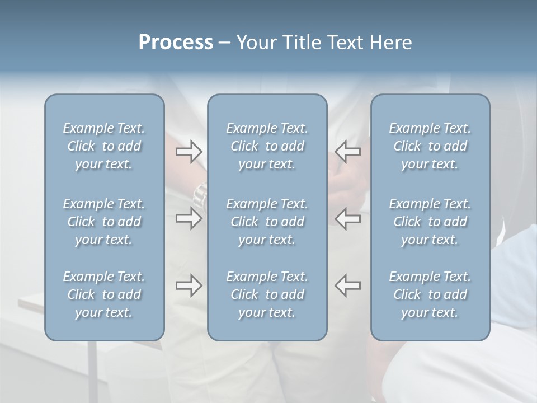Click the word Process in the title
tap(176, 43)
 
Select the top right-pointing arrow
tap(189, 152)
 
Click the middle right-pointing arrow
tap(189, 218)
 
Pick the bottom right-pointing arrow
tap(189, 285)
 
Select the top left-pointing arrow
tap(347, 152)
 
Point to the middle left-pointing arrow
tap(347, 218)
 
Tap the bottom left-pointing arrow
tap(347, 285)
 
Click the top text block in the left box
tap(104, 146)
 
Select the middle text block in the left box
tap(104, 222)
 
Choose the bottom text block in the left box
tap(104, 294)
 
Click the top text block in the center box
tap(267, 146)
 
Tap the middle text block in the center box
tap(267, 222)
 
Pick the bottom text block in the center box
tap(267, 294)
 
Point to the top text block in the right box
tap(430, 146)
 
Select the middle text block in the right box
tap(430, 222)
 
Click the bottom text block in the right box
tap(430, 294)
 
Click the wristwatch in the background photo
tap(200, 194)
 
